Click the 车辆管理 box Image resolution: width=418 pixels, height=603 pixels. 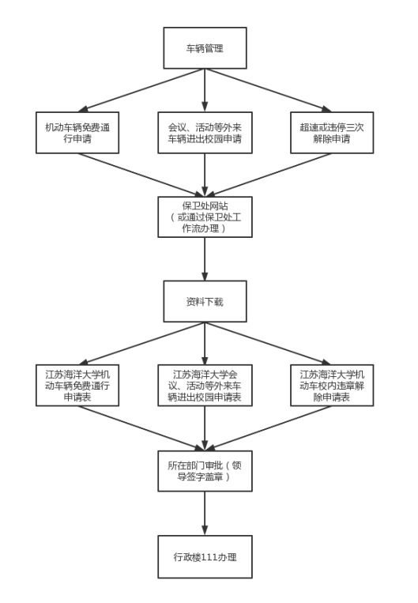[205, 48]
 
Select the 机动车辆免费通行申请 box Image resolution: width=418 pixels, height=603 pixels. [77, 133]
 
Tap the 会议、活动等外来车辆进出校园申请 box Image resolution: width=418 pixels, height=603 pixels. [205, 133]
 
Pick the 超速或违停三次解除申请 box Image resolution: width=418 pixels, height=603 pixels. [332, 133]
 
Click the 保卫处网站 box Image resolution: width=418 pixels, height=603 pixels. [205, 217]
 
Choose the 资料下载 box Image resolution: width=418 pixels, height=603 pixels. [205, 302]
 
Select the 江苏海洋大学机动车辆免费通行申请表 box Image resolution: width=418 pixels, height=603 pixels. [77, 386]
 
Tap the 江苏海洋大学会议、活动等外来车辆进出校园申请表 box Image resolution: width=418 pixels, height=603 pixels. [205, 386]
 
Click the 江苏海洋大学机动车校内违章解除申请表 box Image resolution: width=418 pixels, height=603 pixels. [332, 386]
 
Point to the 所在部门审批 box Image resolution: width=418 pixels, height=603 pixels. [205, 471]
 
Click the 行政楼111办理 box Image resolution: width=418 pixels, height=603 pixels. [205, 557]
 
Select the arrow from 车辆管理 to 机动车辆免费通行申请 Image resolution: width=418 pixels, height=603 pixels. [141, 90]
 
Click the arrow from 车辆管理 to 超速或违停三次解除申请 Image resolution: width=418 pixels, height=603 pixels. [269, 90]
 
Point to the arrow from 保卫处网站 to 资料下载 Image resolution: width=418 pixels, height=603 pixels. [205, 259]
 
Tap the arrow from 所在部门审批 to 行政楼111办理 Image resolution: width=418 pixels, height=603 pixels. [205, 514]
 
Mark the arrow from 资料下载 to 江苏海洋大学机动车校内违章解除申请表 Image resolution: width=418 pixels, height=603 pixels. [269, 344]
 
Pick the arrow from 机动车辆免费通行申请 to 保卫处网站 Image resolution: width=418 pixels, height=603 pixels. [141, 175]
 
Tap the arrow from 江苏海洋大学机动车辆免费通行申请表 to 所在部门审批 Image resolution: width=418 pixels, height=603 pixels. [141, 428]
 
